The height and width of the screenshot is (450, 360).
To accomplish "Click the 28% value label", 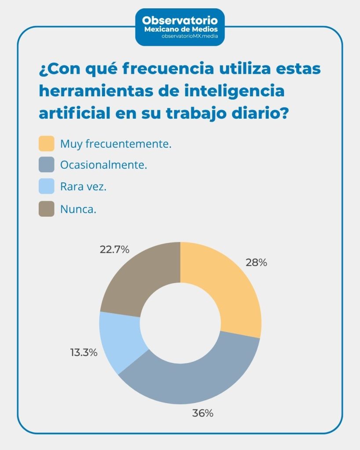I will point(256,263).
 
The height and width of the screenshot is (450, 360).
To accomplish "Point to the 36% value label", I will point(203,413).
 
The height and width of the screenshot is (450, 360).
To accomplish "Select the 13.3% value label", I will point(84,352).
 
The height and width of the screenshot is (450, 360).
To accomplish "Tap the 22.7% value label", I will point(114,250).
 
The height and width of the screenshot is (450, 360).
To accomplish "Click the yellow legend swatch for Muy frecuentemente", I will point(47,144).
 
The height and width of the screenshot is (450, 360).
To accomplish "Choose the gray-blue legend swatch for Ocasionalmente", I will point(47,165).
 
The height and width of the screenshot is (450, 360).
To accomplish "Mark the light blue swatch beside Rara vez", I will point(47,187).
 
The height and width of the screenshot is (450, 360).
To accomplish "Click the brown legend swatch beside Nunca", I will point(47,209).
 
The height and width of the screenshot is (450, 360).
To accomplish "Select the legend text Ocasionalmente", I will point(104,166).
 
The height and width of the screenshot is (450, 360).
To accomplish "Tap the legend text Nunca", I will point(78,210).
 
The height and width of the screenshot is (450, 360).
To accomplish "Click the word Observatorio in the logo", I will point(180,20).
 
